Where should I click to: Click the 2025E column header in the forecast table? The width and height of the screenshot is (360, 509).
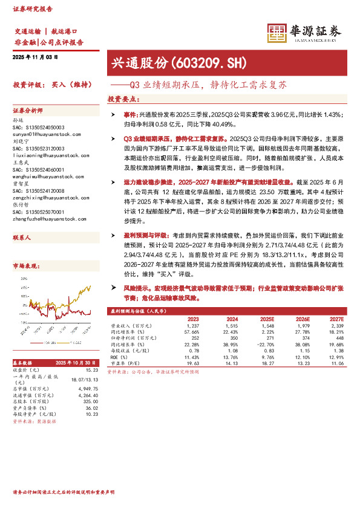pyautogui.click(x=267, y=319)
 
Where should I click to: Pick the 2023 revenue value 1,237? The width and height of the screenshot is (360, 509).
pyautogui.click(x=193, y=326)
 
